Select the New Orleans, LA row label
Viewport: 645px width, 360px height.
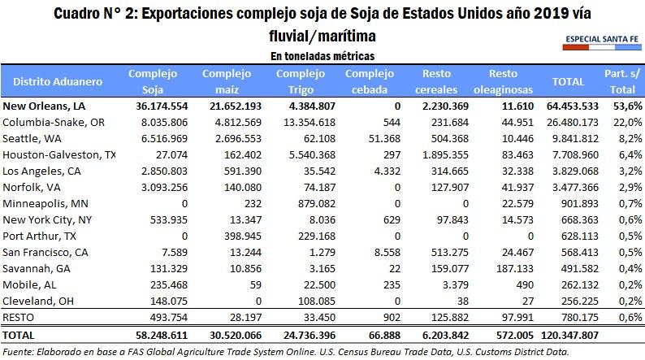44,106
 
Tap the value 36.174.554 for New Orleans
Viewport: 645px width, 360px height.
153,106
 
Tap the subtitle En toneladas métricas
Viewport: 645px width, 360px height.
322,56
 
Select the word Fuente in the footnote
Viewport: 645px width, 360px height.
18,351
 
